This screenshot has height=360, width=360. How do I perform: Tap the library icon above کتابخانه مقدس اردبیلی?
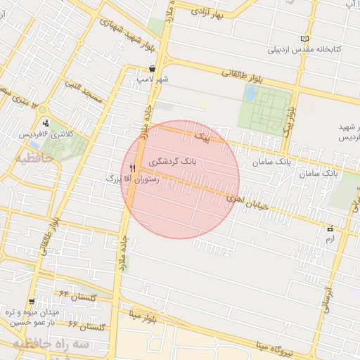304,39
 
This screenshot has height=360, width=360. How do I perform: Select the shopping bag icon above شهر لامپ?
153,68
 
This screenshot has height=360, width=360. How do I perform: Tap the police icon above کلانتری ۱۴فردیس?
46,122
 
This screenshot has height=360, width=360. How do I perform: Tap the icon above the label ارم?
329,229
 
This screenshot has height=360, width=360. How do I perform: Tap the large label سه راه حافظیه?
49,345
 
